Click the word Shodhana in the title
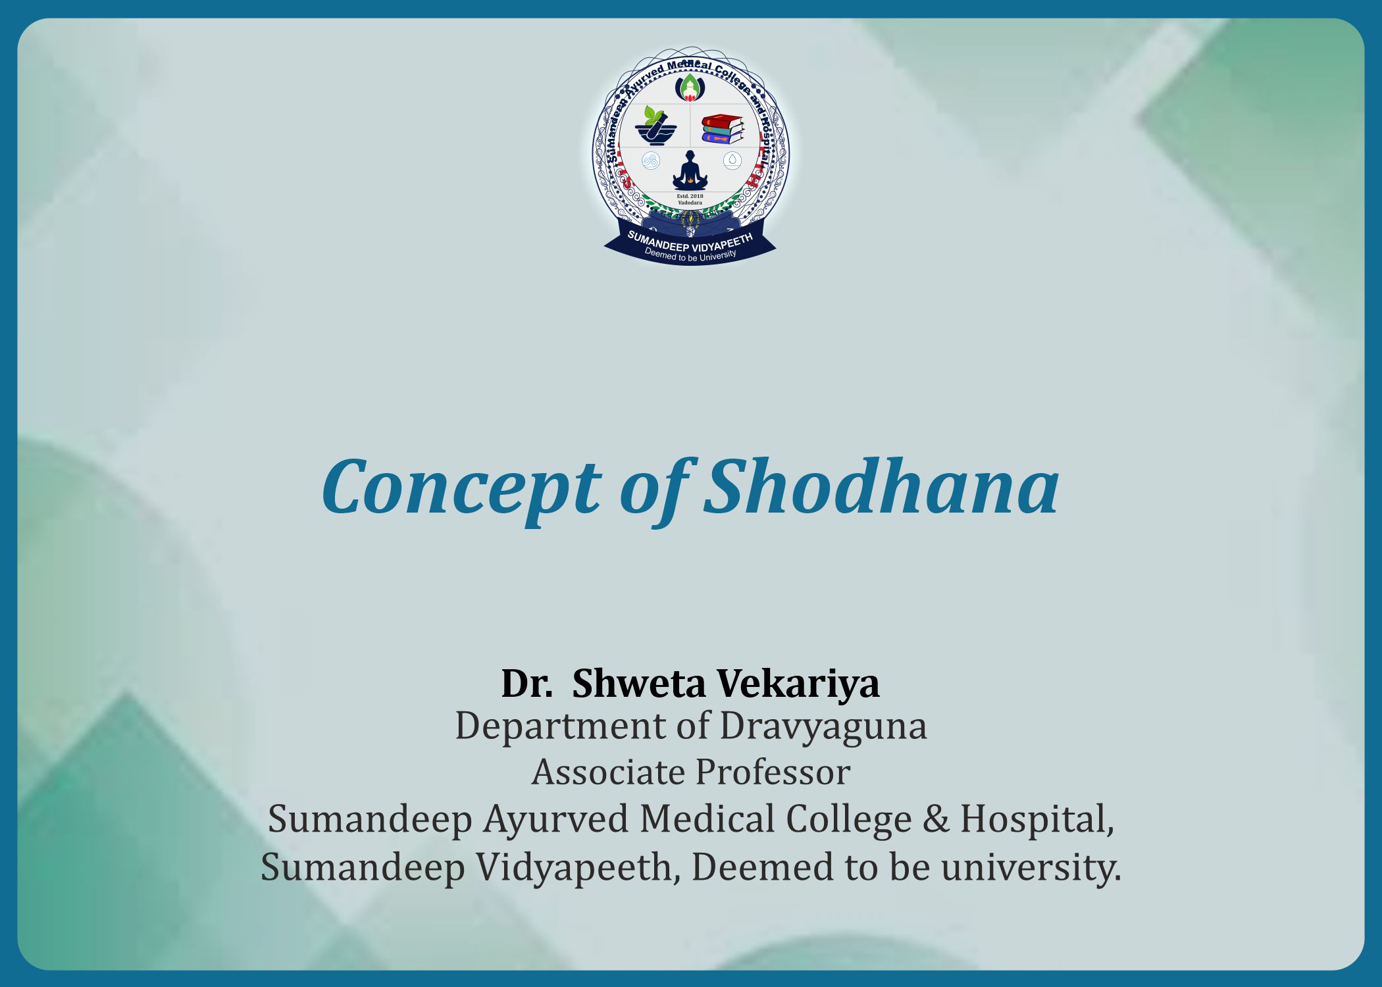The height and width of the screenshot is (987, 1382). pyautogui.click(x=881, y=488)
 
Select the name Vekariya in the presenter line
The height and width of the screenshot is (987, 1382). pyautogui.click(x=798, y=683)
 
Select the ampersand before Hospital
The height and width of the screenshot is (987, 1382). pyautogui.click(x=936, y=819)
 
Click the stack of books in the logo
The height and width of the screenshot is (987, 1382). pyautogui.click(x=723, y=129)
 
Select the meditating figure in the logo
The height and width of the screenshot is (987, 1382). pyautogui.click(x=690, y=170)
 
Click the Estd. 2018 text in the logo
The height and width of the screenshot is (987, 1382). pyautogui.click(x=690, y=196)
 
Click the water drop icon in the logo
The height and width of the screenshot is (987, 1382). pyautogui.click(x=732, y=160)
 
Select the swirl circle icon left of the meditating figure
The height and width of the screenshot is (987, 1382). pyautogui.click(x=651, y=161)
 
